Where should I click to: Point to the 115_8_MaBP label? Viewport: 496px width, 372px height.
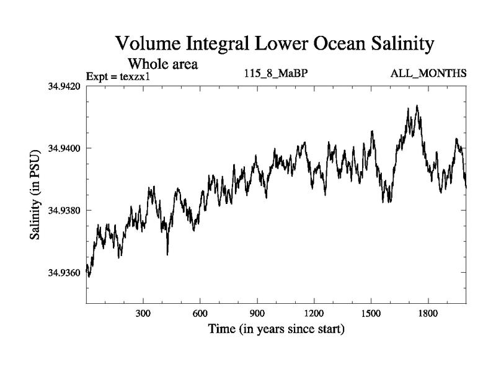click(x=277, y=74)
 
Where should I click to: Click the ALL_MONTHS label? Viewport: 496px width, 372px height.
click(x=428, y=74)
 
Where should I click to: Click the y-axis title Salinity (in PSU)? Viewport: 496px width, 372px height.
click(x=37, y=194)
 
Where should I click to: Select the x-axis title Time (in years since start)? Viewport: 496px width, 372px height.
click(x=276, y=329)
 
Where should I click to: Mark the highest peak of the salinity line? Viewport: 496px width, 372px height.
click(x=417, y=106)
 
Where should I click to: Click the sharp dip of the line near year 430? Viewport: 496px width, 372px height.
click(x=167, y=254)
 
